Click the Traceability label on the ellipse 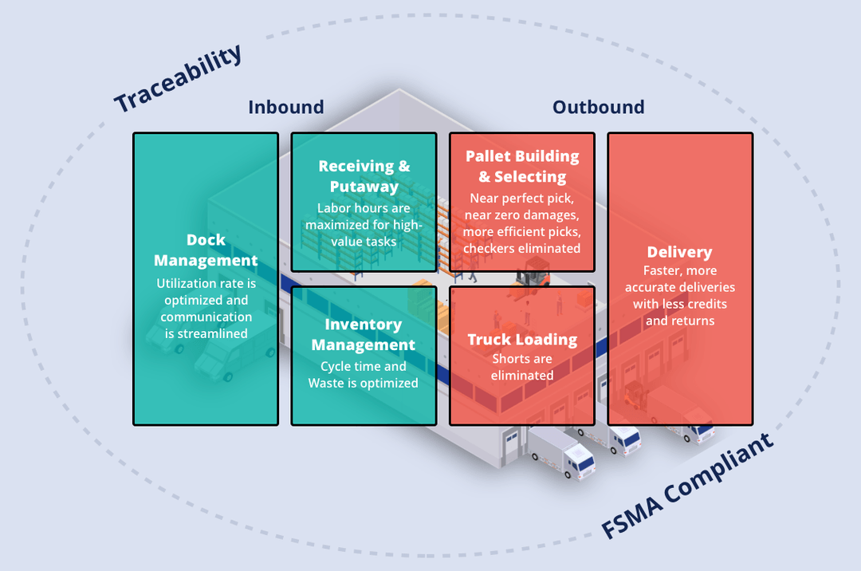coord(177,79)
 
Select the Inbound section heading coord(285,107)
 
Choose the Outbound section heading coord(598,107)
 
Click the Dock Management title coord(206,250)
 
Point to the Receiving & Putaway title coord(364,176)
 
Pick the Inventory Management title coord(363,335)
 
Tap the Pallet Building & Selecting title coord(522,166)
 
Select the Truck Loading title coord(522,340)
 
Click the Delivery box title coord(679,252)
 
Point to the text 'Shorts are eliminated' coord(522,367)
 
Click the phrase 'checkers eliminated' coord(522,248)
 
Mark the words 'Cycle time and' coord(363,366)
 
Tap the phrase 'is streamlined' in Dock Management coord(206,333)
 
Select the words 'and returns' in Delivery coord(679,321)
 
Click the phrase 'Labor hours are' coord(364,208)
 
